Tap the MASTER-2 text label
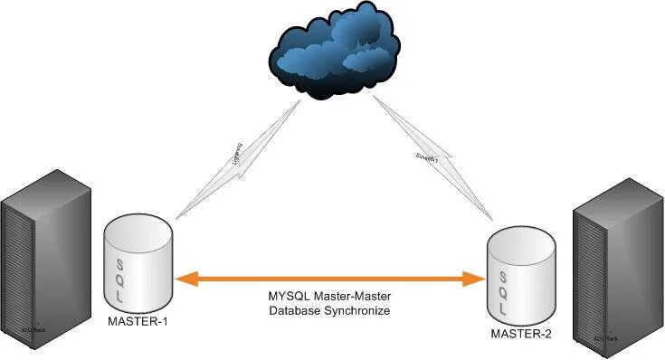coord(521,334)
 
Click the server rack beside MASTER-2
coord(616,271)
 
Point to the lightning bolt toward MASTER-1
coord(237,158)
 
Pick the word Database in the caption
coord(295,311)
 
